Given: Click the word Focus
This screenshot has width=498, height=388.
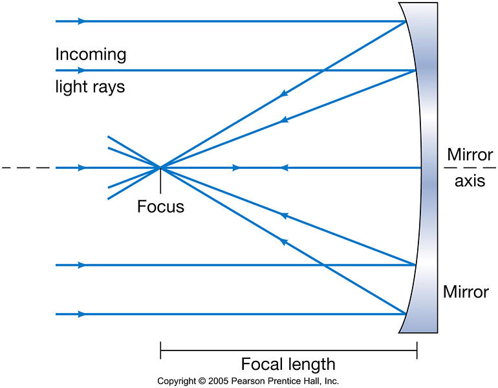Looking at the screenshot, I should (160, 207).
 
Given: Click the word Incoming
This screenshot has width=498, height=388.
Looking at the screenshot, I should (91, 54).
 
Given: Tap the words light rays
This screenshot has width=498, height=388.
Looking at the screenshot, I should (90, 86).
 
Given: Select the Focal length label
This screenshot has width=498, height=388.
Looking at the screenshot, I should (288, 363).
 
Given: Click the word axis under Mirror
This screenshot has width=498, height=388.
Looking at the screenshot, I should (470, 181).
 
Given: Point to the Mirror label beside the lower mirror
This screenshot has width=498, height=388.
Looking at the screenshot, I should (466, 291).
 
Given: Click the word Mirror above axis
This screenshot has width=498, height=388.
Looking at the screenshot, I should (470, 155).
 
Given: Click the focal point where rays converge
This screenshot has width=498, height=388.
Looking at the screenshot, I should (160, 168).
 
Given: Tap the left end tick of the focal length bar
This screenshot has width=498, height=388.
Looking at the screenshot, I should (160, 351).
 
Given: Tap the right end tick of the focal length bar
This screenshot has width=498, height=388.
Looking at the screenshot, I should (417, 351).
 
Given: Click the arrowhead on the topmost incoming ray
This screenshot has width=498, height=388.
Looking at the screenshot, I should (82, 21).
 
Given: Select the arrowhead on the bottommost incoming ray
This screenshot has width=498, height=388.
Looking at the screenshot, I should (82, 314).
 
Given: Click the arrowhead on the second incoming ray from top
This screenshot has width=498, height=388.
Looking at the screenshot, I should (82, 70).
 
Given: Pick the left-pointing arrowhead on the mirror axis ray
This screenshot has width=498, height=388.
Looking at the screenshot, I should (283, 168).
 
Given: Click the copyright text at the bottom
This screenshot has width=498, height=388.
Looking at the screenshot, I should (248, 381).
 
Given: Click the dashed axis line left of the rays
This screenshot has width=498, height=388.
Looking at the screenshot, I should (26, 168).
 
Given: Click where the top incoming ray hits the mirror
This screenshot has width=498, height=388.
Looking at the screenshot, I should (406, 21).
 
